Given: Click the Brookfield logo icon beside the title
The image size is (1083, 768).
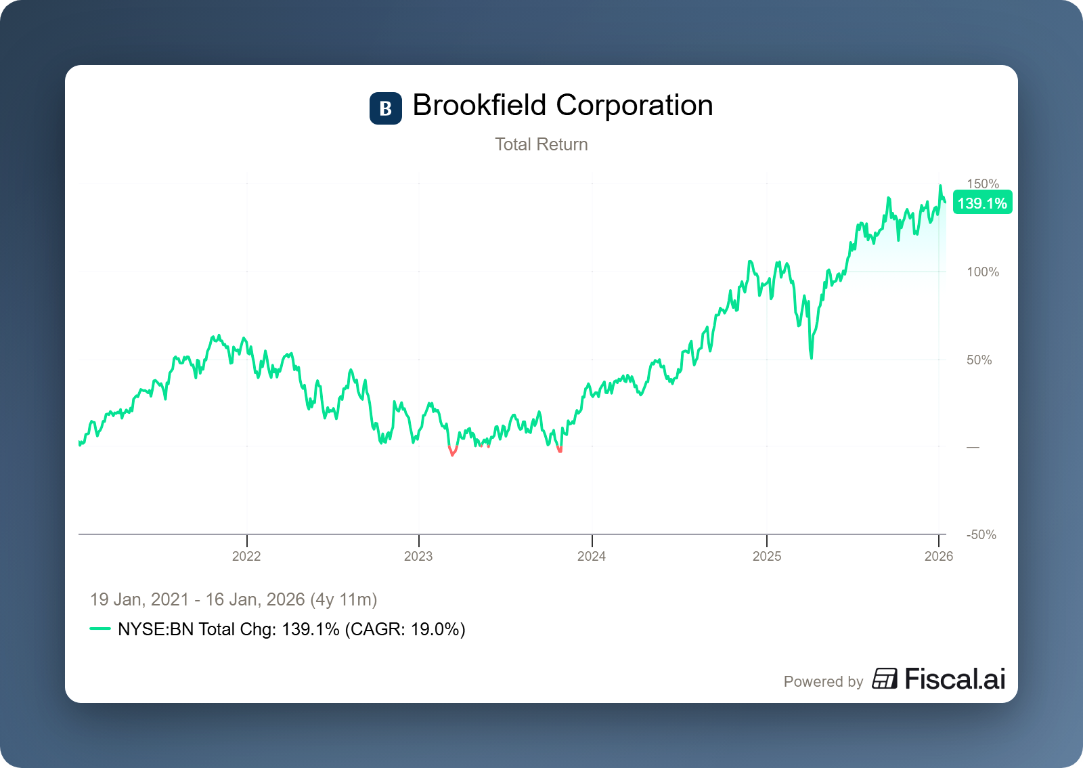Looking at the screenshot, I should (x=385, y=108).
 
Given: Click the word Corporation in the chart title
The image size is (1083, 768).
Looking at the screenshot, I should (x=634, y=106).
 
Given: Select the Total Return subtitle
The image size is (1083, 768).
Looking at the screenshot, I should (x=541, y=144).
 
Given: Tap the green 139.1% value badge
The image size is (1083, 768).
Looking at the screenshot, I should (x=982, y=203).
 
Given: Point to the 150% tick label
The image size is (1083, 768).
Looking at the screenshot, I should (x=983, y=184).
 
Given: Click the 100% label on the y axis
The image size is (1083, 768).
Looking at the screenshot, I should (x=983, y=272).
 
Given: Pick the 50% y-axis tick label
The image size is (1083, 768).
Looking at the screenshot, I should (x=979, y=360).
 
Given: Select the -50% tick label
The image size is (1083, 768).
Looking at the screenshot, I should (x=981, y=534).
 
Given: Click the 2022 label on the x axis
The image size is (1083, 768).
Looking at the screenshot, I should (x=246, y=556).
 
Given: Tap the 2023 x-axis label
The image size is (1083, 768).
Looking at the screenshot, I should (x=418, y=556).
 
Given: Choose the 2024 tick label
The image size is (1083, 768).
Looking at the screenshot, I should (x=592, y=556).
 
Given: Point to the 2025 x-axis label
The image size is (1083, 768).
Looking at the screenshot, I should (x=767, y=556).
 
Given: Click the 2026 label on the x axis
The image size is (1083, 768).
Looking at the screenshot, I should (x=939, y=556).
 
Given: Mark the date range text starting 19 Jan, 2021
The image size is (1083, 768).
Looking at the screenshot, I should (x=234, y=599).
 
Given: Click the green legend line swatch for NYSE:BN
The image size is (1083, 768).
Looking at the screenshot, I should (x=100, y=628).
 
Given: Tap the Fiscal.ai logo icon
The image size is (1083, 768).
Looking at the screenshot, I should (x=885, y=679).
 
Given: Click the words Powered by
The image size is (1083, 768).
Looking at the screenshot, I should (x=823, y=681).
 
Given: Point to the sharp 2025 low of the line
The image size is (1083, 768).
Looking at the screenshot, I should (x=811, y=357).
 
